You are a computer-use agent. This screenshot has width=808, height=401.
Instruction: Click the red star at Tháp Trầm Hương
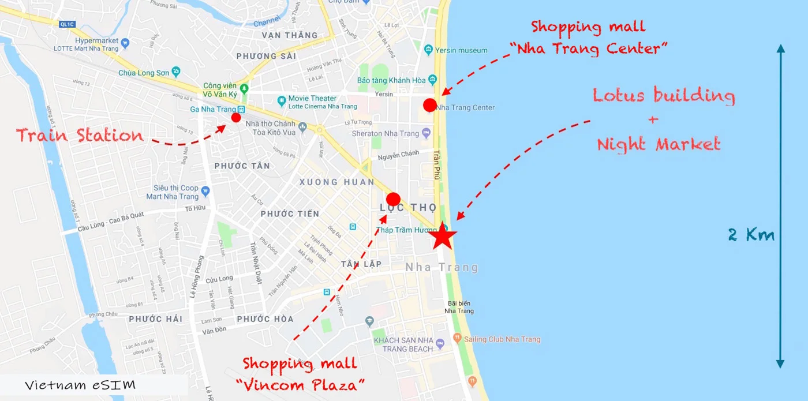[x=443, y=235]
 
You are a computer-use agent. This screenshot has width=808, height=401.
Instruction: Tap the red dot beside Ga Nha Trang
[x=235, y=118]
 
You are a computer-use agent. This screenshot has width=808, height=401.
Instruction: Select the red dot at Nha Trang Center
[x=429, y=105]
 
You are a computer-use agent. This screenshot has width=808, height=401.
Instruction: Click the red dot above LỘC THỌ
[x=393, y=199]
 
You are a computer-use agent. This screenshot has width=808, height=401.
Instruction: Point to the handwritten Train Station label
[x=80, y=136]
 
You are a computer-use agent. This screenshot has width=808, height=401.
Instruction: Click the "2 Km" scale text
[x=751, y=235]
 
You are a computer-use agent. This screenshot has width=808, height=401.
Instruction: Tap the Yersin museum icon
[x=428, y=50]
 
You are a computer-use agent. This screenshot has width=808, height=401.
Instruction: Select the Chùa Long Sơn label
[x=144, y=73]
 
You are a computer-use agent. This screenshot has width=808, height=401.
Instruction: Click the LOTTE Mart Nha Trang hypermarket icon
[x=125, y=42]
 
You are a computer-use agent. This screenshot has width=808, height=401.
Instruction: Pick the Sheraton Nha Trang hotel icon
[x=426, y=133]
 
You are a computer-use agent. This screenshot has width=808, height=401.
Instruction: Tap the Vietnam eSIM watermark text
[x=80, y=385]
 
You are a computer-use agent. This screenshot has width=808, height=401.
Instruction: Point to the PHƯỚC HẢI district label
[x=155, y=319]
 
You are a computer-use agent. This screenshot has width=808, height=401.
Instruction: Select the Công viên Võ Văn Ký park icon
[x=244, y=89]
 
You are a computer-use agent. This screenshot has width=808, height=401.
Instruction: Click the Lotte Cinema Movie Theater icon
[x=281, y=102]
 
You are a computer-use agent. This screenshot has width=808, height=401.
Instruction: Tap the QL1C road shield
[x=68, y=24]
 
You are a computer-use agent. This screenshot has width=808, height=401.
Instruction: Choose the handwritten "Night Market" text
[x=659, y=144]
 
